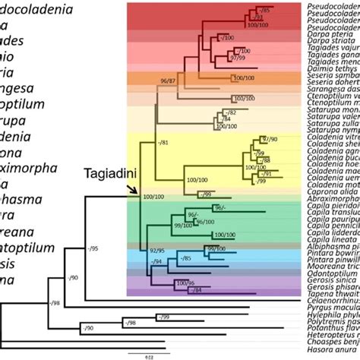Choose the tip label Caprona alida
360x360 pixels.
coord(326,193)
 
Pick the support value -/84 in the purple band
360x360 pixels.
coord(199,290)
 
